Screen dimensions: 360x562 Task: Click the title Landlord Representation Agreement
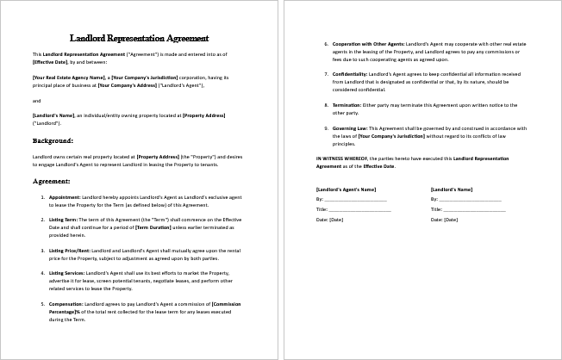[x=139, y=38]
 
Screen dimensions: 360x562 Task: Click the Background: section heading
[x=53, y=140]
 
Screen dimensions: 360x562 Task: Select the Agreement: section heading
[x=52, y=182]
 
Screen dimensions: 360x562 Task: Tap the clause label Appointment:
[x=66, y=196]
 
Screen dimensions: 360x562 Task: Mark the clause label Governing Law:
[x=346, y=127]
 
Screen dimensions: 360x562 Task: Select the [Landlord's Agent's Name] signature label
[x=346, y=188]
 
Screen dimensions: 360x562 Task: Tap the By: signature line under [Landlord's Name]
[x=465, y=199]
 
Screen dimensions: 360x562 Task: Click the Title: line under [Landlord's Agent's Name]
[x=353, y=209]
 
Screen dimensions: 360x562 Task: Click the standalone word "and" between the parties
[x=36, y=100]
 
